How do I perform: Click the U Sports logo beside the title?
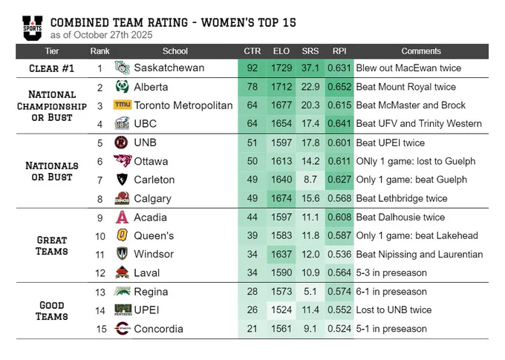32,28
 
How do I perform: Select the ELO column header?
281,51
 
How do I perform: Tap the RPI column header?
339,51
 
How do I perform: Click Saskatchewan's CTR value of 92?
252,68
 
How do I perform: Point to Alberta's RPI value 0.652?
339,87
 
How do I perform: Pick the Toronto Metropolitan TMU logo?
123,105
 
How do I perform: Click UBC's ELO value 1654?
281,124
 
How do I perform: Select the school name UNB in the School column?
146,143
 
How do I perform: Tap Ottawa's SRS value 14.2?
310,161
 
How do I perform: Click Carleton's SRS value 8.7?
310,180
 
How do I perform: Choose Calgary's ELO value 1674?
281,198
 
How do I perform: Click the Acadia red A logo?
122,217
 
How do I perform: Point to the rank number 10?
100,236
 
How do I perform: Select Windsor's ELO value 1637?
281,254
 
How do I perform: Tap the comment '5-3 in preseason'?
391,272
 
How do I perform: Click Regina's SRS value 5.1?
310,292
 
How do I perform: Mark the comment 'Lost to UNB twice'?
394,310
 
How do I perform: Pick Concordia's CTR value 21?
252,328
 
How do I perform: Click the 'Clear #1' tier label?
51,68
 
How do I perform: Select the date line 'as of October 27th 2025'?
102,35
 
